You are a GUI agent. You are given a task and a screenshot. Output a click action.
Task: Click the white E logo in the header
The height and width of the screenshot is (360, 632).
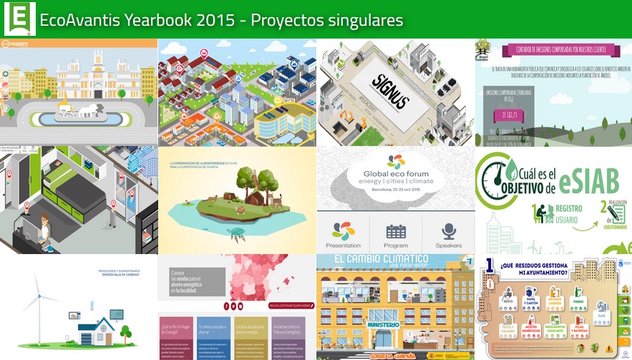19,18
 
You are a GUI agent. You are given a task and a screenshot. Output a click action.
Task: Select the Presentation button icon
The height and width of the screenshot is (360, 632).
343,231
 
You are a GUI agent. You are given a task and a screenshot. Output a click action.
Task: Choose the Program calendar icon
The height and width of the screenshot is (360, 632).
396,231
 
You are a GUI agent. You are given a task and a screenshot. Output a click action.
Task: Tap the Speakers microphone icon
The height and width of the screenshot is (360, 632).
449,231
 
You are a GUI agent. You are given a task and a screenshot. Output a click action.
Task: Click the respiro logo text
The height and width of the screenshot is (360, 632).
21,44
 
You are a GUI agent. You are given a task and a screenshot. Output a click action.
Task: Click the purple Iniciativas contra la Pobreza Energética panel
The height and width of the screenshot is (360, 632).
291,339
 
